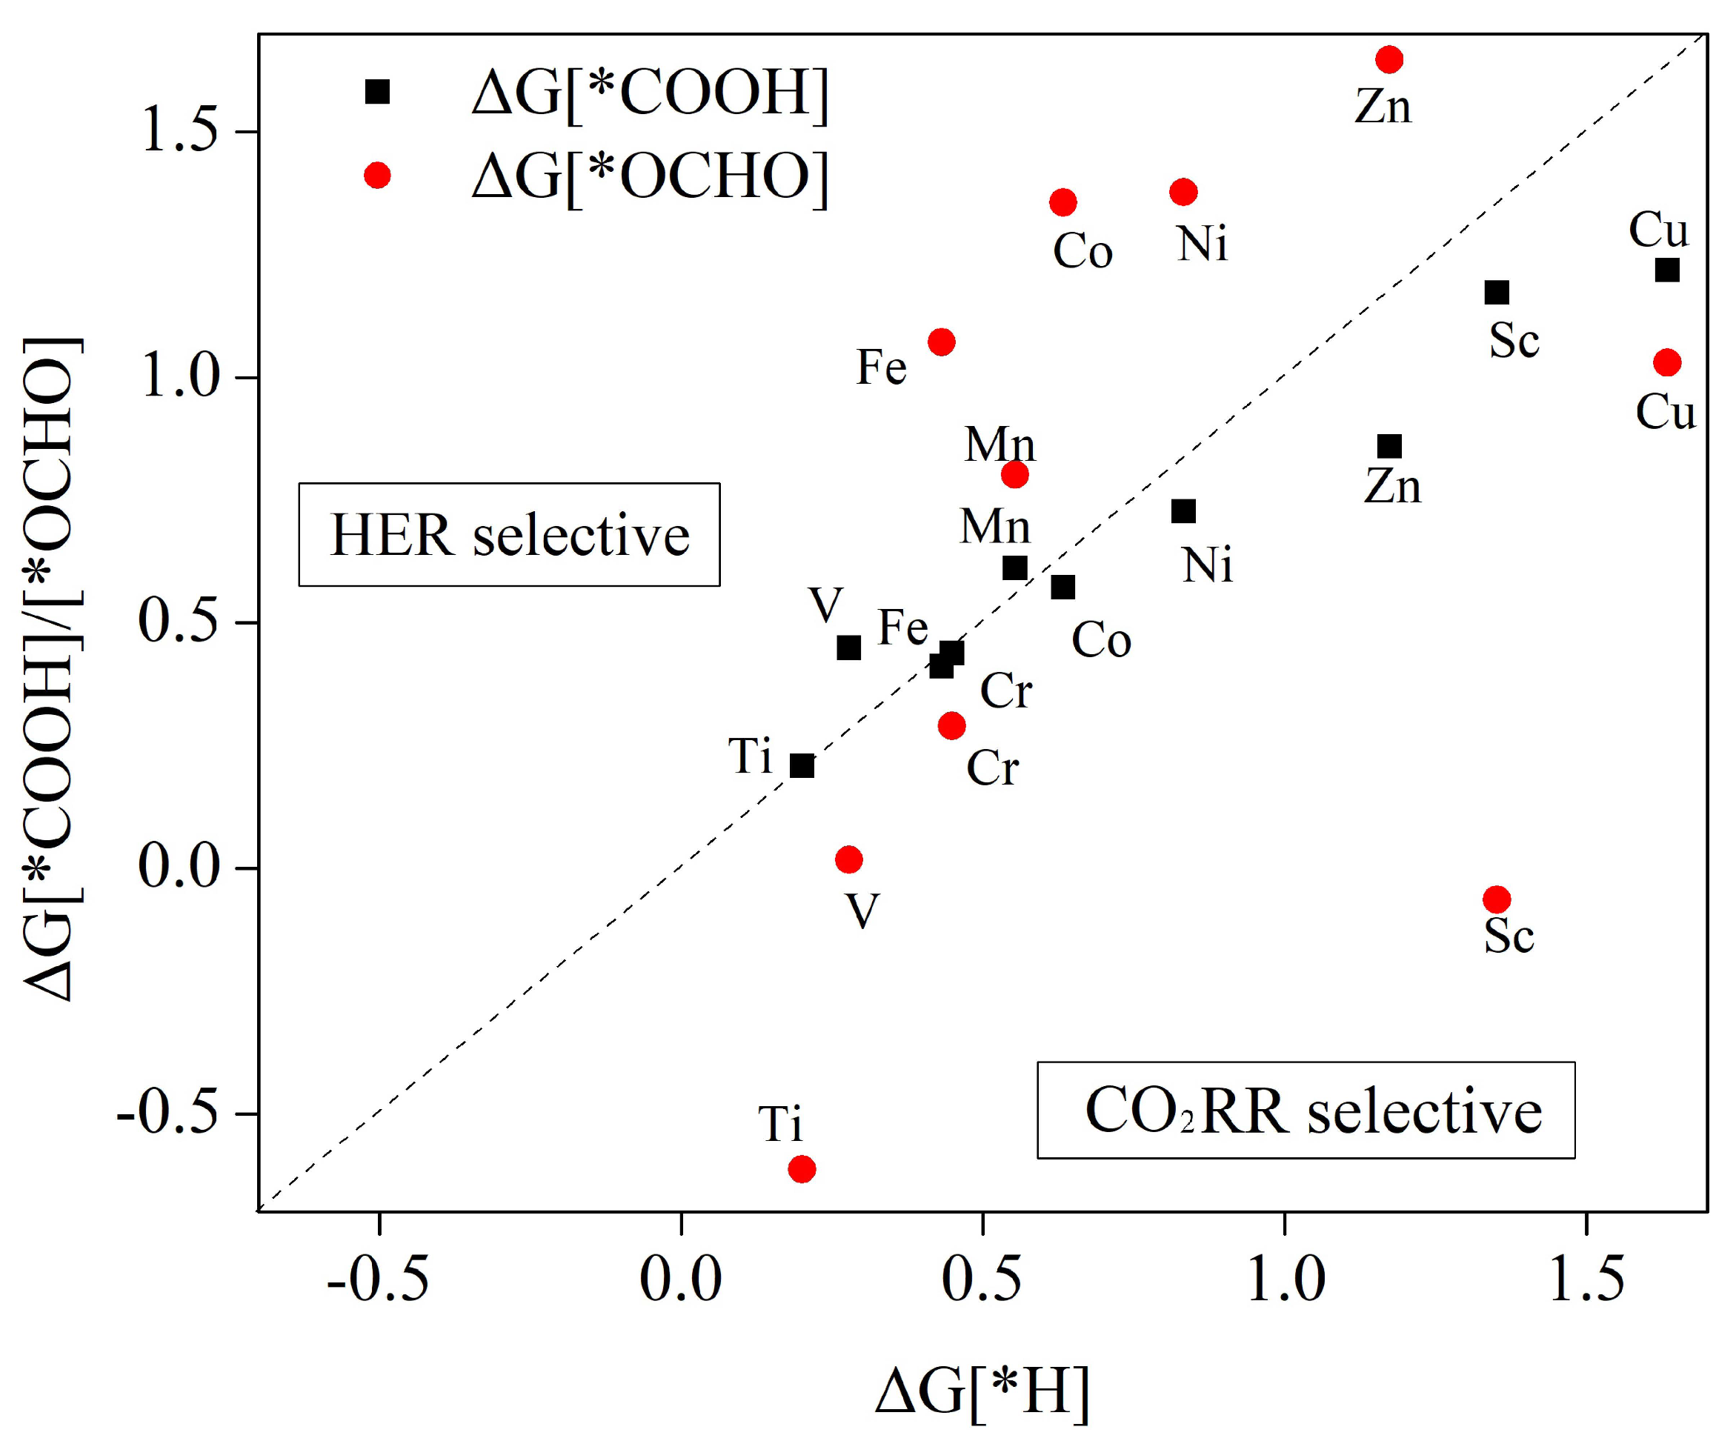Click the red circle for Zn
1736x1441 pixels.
click(1389, 59)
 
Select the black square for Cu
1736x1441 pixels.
click(1667, 270)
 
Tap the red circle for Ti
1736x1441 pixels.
click(802, 1169)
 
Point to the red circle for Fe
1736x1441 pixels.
click(942, 342)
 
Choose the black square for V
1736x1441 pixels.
click(849, 648)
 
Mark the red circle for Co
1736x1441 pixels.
click(1063, 202)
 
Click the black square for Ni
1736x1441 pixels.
click(1184, 512)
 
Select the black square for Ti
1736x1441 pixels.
click(802, 765)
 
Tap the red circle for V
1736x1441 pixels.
click(849, 860)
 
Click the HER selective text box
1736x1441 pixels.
click(509, 535)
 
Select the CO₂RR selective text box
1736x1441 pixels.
click(1306, 1111)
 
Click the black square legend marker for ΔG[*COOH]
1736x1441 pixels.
click(378, 92)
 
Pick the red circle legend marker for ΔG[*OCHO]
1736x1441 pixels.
click(378, 176)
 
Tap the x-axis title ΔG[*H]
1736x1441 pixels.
click(982, 1391)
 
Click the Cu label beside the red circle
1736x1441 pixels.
click(1665, 412)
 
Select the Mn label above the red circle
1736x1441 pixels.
click(1000, 445)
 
